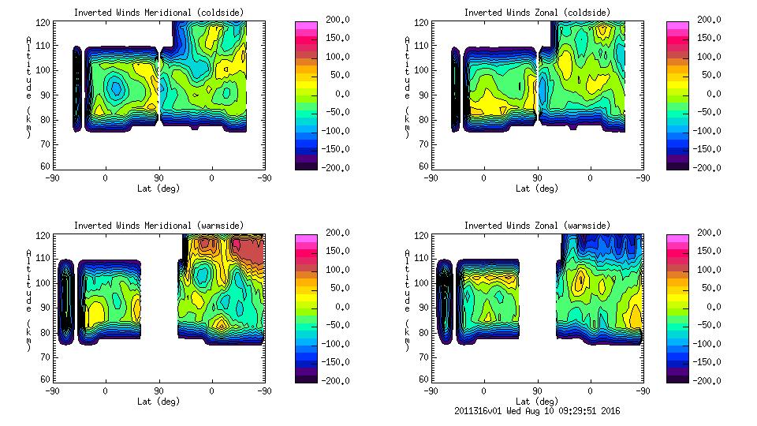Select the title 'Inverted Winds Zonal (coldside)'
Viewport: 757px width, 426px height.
(537, 12)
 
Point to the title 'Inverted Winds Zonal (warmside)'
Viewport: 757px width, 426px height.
(537, 225)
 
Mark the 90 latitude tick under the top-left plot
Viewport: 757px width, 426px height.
(158, 177)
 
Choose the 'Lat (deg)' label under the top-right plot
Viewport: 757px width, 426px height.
(537, 188)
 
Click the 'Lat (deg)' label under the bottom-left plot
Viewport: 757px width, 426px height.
(158, 401)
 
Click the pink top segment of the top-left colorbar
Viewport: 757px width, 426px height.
(307, 24)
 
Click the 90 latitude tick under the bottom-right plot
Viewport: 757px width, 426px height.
(537, 390)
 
